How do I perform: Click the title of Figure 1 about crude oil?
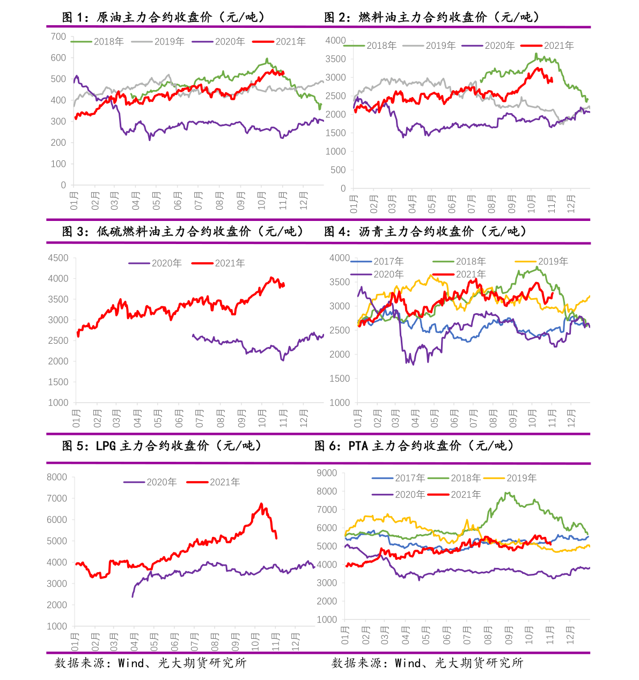[x=163, y=17]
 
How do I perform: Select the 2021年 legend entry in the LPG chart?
[x=213, y=482]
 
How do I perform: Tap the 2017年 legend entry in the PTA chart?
[x=398, y=478]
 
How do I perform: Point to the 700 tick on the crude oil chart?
[x=58, y=36]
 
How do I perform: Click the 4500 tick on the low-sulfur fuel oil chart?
[x=58, y=258]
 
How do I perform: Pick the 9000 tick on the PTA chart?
[x=327, y=473]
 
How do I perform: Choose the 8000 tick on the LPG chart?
[x=57, y=477]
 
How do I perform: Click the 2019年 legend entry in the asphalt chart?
[x=541, y=261]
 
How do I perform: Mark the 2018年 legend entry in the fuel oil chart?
[x=370, y=45]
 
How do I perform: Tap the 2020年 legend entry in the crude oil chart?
[x=218, y=41]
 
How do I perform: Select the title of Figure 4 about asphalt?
[x=425, y=232]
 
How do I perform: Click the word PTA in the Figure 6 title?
[x=358, y=446]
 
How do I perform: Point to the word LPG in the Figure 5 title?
[x=106, y=446]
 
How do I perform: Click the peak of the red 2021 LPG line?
[x=261, y=504]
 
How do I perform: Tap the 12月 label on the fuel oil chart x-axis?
[x=571, y=204]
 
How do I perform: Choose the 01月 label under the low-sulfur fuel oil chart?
[x=76, y=418]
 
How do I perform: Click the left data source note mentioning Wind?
[x=150, y=663]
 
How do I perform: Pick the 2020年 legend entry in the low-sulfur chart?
[x=155, y=263]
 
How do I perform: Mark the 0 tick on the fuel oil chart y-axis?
[x=343, y=188]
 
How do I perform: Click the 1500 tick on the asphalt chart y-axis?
[x=340, y=379]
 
